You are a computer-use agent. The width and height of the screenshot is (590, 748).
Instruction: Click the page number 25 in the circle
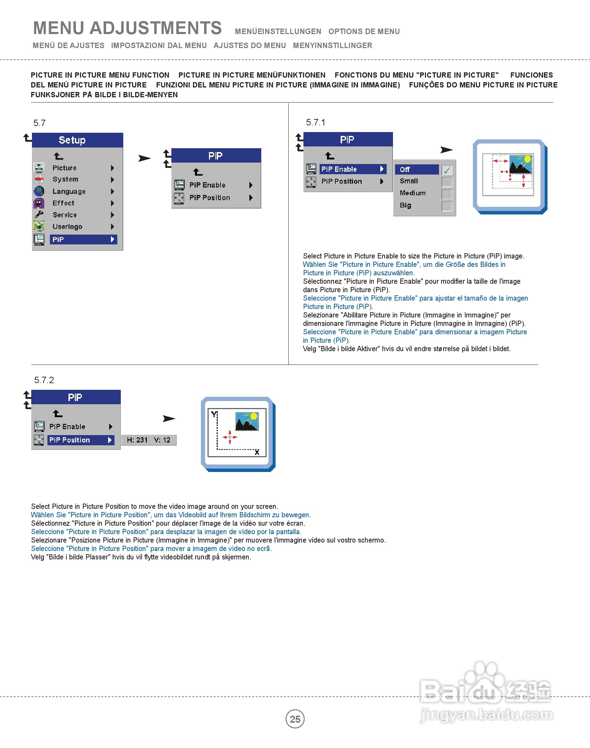(x=295, y=719)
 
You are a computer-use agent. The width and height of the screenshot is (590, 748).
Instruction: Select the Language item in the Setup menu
(x=69, y=191)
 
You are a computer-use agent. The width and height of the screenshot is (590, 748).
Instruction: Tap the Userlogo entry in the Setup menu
(x=67, y=227)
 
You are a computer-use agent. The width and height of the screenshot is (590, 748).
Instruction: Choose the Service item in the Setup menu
(x=65, y=215)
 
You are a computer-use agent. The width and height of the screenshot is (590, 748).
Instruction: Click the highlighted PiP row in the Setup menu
(x=83, y=240)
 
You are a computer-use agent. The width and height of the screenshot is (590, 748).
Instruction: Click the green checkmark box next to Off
(x=447, y=170)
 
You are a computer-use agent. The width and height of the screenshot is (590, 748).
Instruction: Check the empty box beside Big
(x=447, y=206)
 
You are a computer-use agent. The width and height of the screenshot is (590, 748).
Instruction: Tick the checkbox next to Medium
(x=447, y=194)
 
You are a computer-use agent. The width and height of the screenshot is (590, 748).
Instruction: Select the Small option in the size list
(x=409, y=181)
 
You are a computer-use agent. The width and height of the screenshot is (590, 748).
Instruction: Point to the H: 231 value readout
(x=137, y=440)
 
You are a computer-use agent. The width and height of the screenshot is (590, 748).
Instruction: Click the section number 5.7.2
(x=44, y=380)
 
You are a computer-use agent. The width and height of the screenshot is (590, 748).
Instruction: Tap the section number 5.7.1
(x=316, y=122)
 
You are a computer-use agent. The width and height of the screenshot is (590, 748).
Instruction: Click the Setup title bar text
(x=72, y=140)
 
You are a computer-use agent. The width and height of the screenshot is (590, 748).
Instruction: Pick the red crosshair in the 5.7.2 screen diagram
(x=230, y=437)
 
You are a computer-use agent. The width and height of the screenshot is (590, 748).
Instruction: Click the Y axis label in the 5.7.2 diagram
(x=214, y=414)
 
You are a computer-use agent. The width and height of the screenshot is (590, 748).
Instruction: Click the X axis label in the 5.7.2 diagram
(x=257, y=452)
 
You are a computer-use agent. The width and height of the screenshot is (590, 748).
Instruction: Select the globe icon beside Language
(x=39, y=191)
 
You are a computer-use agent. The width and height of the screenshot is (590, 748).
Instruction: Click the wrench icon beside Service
(x=39, y=215)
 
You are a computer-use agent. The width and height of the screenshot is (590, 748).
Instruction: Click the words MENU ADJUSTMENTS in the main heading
(x=127, y=28)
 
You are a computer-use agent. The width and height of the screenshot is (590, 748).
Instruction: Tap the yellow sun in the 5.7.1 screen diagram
(x=527, y=159)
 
